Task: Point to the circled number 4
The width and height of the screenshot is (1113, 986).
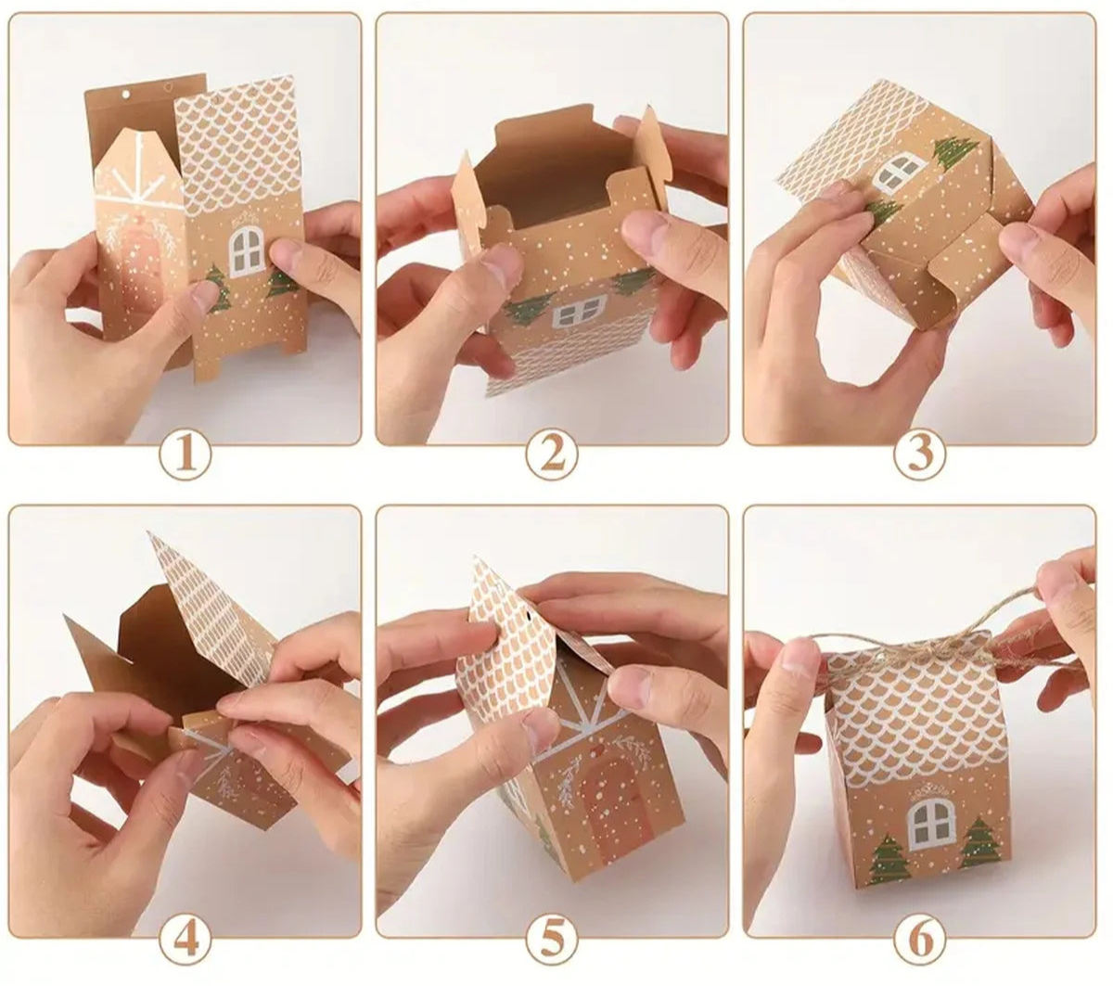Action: pyautogui.click(x=185, y=941)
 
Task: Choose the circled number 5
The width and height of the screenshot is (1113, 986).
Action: pyautogui.click(x=553, y=941)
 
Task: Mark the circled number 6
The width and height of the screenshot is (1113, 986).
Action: pyautogui.click(x=920, y=941)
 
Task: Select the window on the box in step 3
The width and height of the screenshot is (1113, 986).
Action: pyautogui.click(x=897, y=171)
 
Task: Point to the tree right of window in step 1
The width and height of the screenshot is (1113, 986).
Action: pyautogui.click(x=282, y=282)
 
